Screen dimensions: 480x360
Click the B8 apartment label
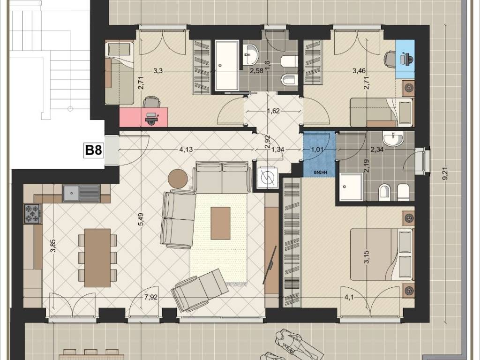point(93,150)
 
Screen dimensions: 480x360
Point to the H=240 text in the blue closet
point(320,172)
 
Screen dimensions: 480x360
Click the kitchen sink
point(81,193)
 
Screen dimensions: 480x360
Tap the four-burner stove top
point(33,214)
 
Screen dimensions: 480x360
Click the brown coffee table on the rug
point(220,223)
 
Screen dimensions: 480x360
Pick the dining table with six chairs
point(97,258)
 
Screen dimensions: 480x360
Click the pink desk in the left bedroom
point(144,117)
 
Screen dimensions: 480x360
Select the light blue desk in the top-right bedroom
point(405,59)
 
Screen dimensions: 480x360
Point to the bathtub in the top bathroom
point(227,66)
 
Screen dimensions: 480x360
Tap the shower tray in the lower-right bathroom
point(350,187)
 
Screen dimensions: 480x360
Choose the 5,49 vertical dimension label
point(141,219)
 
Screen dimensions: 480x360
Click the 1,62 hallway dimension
point(273,111)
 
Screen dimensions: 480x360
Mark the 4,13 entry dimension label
point(186,150)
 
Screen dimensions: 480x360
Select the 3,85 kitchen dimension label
point(53,246)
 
